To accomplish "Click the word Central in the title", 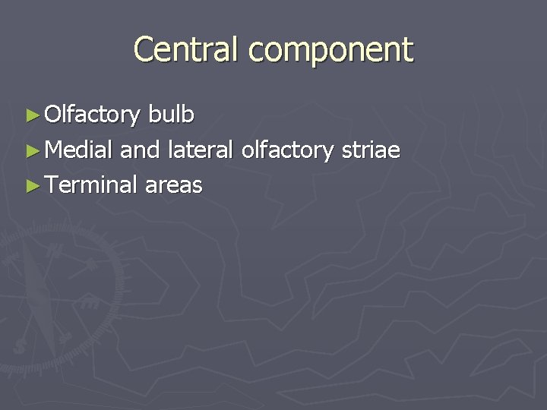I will click(x=187, y=50).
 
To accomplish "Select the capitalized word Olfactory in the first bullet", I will click(x=93, y=115).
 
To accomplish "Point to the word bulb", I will click(x=172, y=115).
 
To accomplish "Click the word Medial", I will click(x=80, y=150).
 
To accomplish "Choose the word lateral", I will click(x=201, y=150).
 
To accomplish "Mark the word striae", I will click(x=371, y=150).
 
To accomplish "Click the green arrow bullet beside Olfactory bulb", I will click(x=31, y=115).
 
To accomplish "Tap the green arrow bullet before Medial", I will click(x=31, y=150).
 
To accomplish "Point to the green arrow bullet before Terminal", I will click(x=31, y=185).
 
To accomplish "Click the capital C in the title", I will click(x=144, y=50).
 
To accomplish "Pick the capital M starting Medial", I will click(x=54, y=150).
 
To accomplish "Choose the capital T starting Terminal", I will click(x=51, y=184).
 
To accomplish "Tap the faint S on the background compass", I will click(x=21, y=345).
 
